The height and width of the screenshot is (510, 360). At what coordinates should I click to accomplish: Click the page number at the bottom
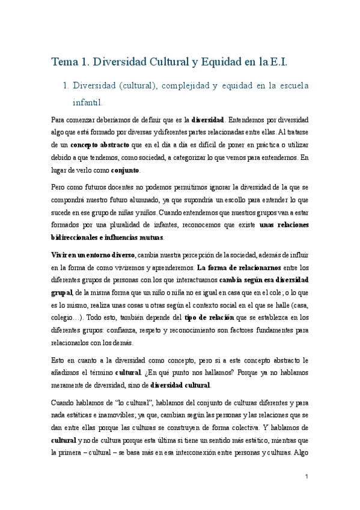307,477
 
